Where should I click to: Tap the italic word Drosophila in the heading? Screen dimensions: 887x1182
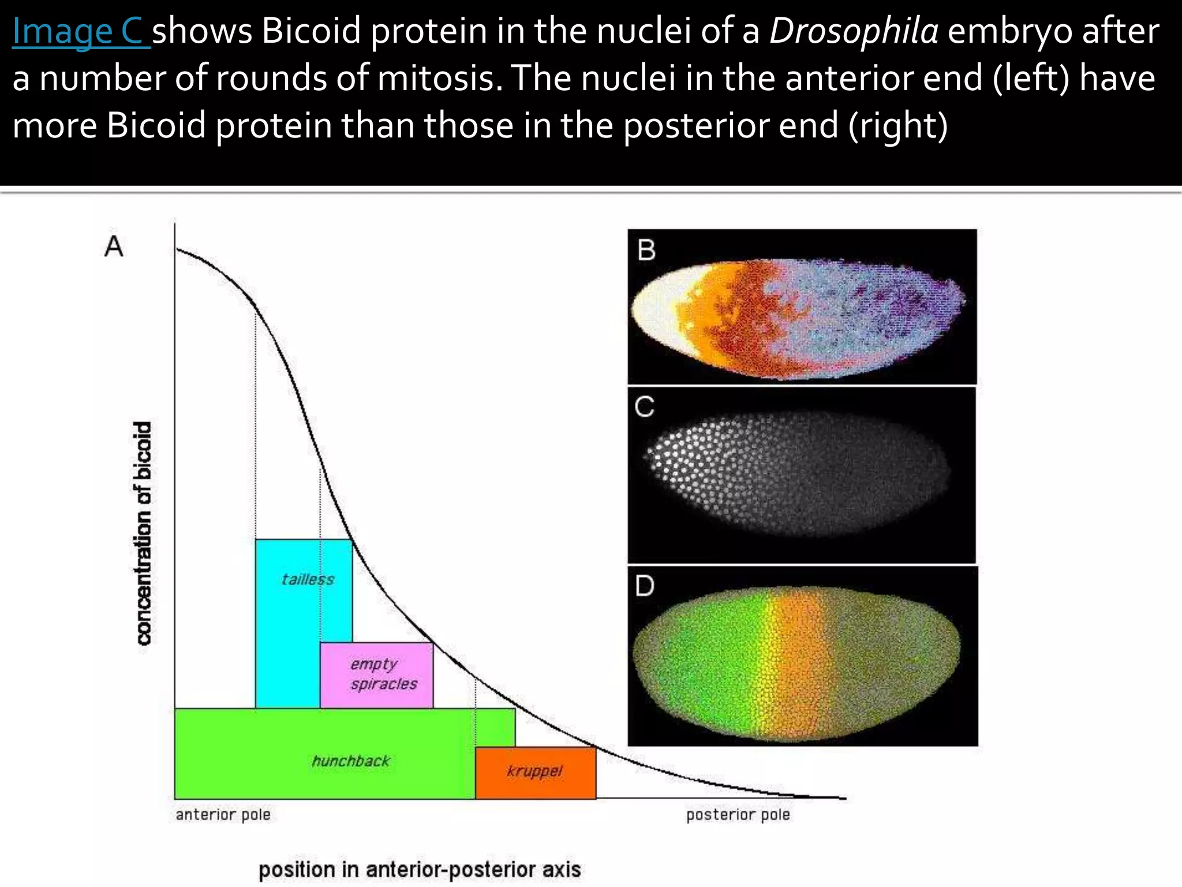click(854, 31)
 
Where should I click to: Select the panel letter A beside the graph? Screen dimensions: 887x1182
click(114, 247)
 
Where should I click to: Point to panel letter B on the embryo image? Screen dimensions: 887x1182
click(646, 251)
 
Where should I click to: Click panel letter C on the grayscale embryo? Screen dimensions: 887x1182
click(645, 407)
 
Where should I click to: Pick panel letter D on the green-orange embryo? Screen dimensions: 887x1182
click(645, 586)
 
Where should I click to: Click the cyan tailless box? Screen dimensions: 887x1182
click(289, 624)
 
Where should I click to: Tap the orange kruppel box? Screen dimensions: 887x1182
click(535, 772)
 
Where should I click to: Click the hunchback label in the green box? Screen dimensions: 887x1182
click(351, 761)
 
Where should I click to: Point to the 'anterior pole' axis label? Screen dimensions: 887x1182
click(223, 815)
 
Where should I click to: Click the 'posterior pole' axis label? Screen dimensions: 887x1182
click(738, 815)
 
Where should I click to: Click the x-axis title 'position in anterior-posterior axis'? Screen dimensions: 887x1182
click(420, 870)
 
